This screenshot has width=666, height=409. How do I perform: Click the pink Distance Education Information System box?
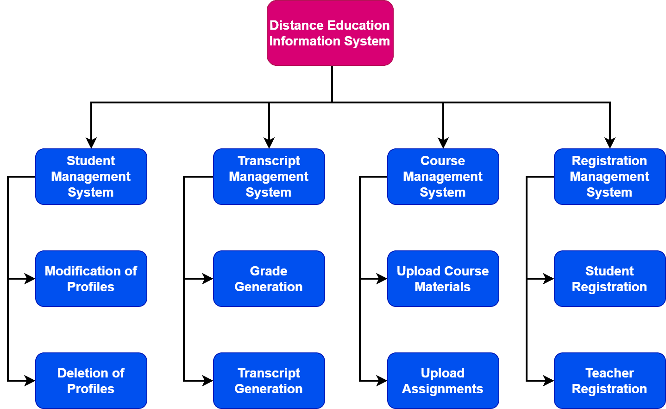click(330, 33)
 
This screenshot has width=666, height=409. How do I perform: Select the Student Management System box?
click(91, 177)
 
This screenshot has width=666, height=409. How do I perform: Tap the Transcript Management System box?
click(269, 177)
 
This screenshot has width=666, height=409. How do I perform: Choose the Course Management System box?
click(443, 177)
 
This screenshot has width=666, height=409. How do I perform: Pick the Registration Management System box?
click(609, 177)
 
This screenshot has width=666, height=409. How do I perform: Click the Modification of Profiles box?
click(91, 279)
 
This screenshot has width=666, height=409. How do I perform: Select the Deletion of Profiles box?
click(91, 381)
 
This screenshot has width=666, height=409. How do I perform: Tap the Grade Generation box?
click(269, 279)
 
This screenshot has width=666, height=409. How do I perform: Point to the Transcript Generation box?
click(269, 381)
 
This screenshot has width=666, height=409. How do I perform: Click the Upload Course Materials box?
click(443, 279)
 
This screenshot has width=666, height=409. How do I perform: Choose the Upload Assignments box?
click(443, 381)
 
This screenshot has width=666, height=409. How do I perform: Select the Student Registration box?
click(609, 279)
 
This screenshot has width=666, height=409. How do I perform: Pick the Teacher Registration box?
click(609, 381)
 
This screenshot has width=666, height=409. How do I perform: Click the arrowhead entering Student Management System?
click(91, 143)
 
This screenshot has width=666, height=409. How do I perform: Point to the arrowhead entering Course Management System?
click(443, 143)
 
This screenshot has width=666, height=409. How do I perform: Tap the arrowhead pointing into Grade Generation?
click(208, 279)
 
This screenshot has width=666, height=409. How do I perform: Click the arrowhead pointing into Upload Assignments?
click(382, 381)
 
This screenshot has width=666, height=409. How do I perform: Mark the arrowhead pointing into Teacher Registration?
click(549, 381)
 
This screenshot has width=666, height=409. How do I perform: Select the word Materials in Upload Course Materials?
click(443, 287)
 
